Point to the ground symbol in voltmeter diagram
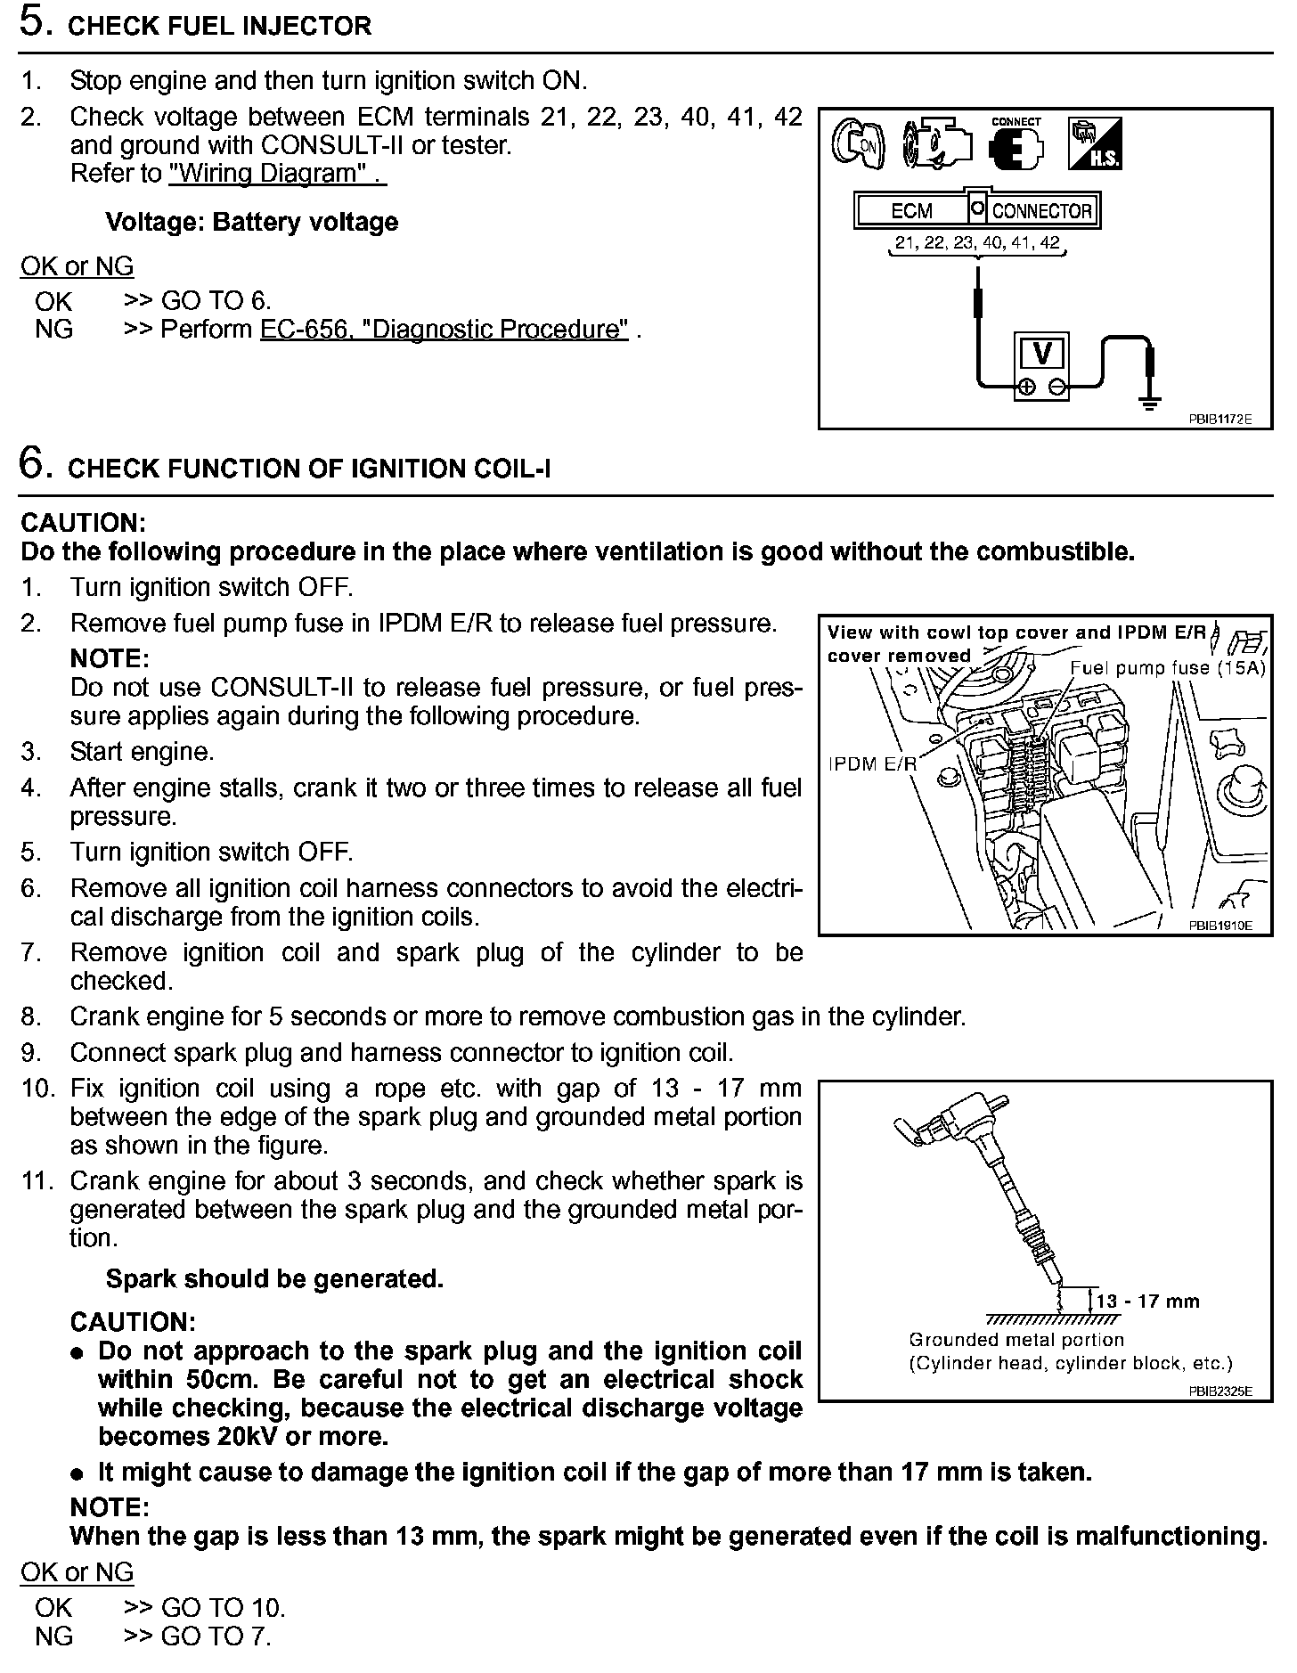click(1150, 403)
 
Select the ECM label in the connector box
click(911, 211)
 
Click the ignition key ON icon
click(858, 143)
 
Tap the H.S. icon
click(1095, 143)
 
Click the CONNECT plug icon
click(1016, 145)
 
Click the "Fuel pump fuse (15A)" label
click(1167, 668)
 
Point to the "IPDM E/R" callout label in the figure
click(872, 763)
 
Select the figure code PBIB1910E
click(1220, 926)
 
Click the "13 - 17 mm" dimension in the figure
click(1147, 1302)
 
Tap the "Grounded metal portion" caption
click(1016, 1340)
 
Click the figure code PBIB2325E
click(1220, 1391)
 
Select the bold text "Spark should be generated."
click(274, 1279)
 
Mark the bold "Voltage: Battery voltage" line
click(251, 222)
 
